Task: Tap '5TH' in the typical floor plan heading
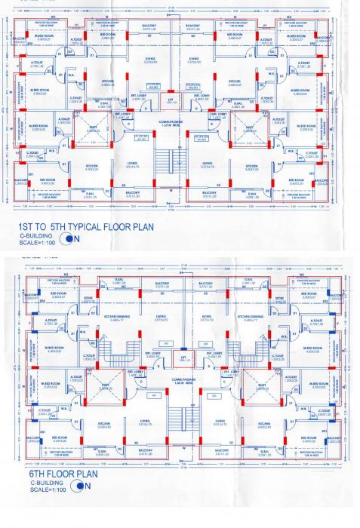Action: click(57, 224)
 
